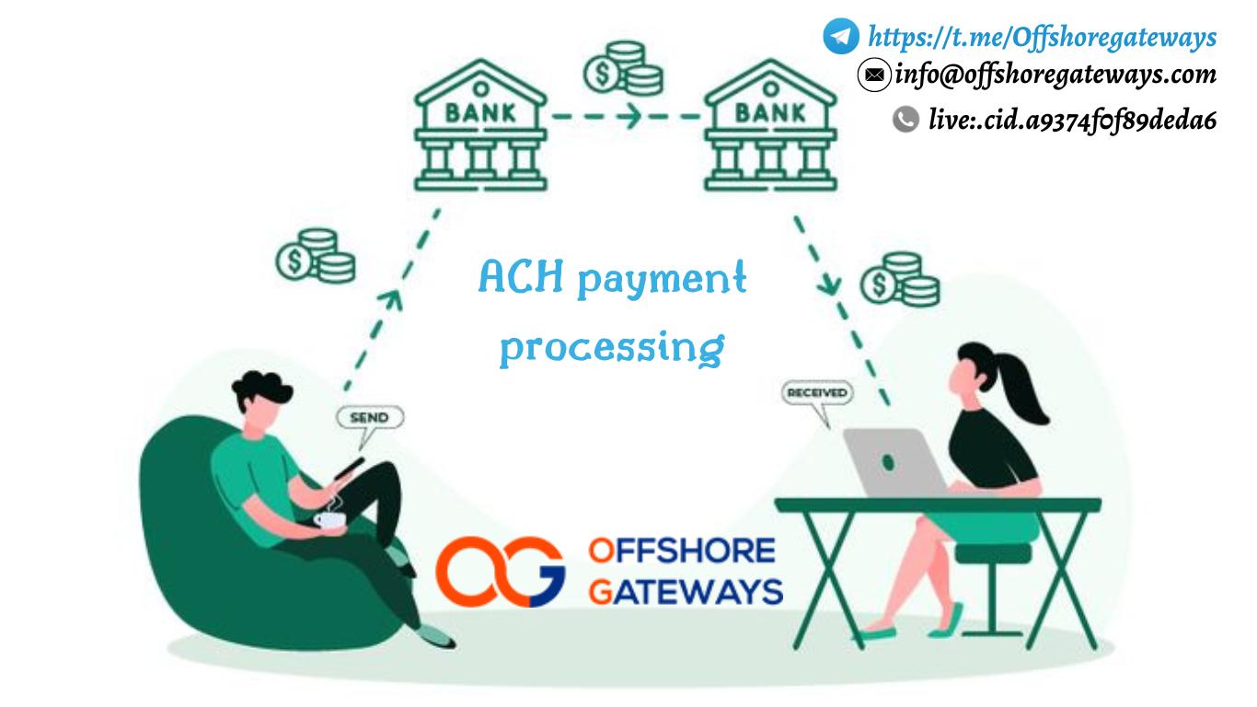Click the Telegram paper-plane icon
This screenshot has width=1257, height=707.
pos(841,36)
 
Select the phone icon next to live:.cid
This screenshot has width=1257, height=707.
pos(906,119)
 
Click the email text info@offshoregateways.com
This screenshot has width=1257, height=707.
pos(1055,74)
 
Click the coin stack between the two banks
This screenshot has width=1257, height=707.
pos(623,69)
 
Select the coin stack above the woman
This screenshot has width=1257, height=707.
pos(900,279)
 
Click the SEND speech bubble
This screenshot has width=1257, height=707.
pos(369,418)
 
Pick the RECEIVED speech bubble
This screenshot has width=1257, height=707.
pos(816,393)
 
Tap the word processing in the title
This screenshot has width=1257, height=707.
pos(612,347)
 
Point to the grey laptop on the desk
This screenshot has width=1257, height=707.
pos(895,461)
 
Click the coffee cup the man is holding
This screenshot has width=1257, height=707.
pos(329,520)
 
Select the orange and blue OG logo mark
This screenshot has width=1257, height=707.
pos(499,572)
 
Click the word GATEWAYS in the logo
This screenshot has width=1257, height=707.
pos(686,590)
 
